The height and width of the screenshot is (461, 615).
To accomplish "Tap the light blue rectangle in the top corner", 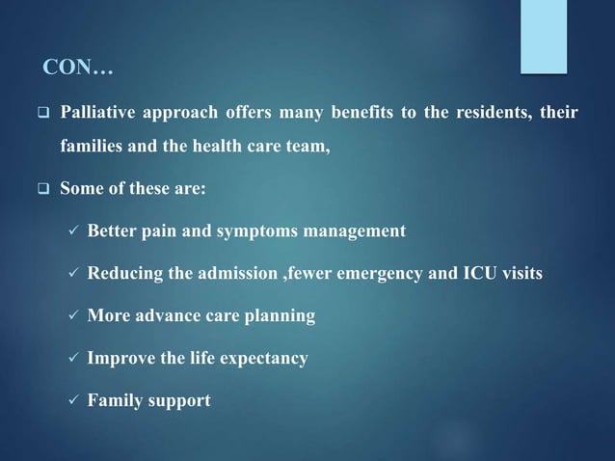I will pyautogui.click(x=544, y=36).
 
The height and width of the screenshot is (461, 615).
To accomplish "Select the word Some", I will pyautogui.click(x=80, y=189).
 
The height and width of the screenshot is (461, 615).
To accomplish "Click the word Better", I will pyautogui.click(x=113, y=231).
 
